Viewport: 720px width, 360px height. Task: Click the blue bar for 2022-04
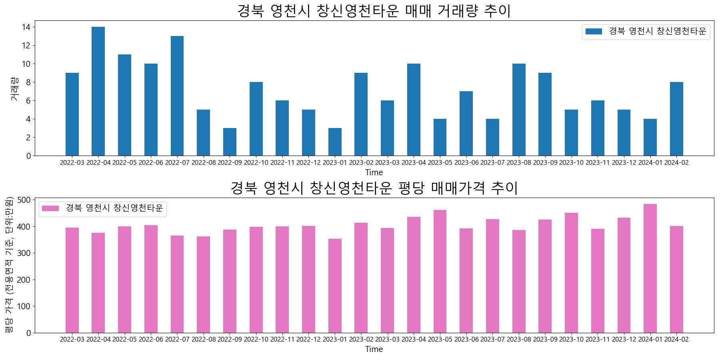tap(98, 91)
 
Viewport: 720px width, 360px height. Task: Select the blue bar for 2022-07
tap(177, 96)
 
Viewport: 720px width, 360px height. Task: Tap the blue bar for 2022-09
tap(230, 142)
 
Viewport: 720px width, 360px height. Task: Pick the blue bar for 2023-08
tap(519, 110)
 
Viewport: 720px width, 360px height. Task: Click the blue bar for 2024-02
tap(676, 119)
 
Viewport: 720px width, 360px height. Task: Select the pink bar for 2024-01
tap(650, 268)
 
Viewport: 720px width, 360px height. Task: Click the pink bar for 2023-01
tap(335, 286)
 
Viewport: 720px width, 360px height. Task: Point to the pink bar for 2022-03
tap(72, 280)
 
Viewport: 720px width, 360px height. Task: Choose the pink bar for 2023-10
tap(571, 273)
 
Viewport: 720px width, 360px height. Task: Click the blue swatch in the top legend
tap(594, 32)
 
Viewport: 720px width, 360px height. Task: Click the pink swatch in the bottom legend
tap(50, 208)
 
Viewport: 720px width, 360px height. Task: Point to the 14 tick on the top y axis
tap(26, 27)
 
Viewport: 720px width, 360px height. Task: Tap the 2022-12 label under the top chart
tap(308, 163)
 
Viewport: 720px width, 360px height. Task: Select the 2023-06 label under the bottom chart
tap(466, 340)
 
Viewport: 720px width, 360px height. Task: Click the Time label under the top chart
tap(374, 173)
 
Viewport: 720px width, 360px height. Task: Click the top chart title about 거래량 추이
tap(374, 11)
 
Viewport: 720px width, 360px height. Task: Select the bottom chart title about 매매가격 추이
tap(374, 188)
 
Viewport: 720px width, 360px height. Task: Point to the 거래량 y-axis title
tap(14, 88)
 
